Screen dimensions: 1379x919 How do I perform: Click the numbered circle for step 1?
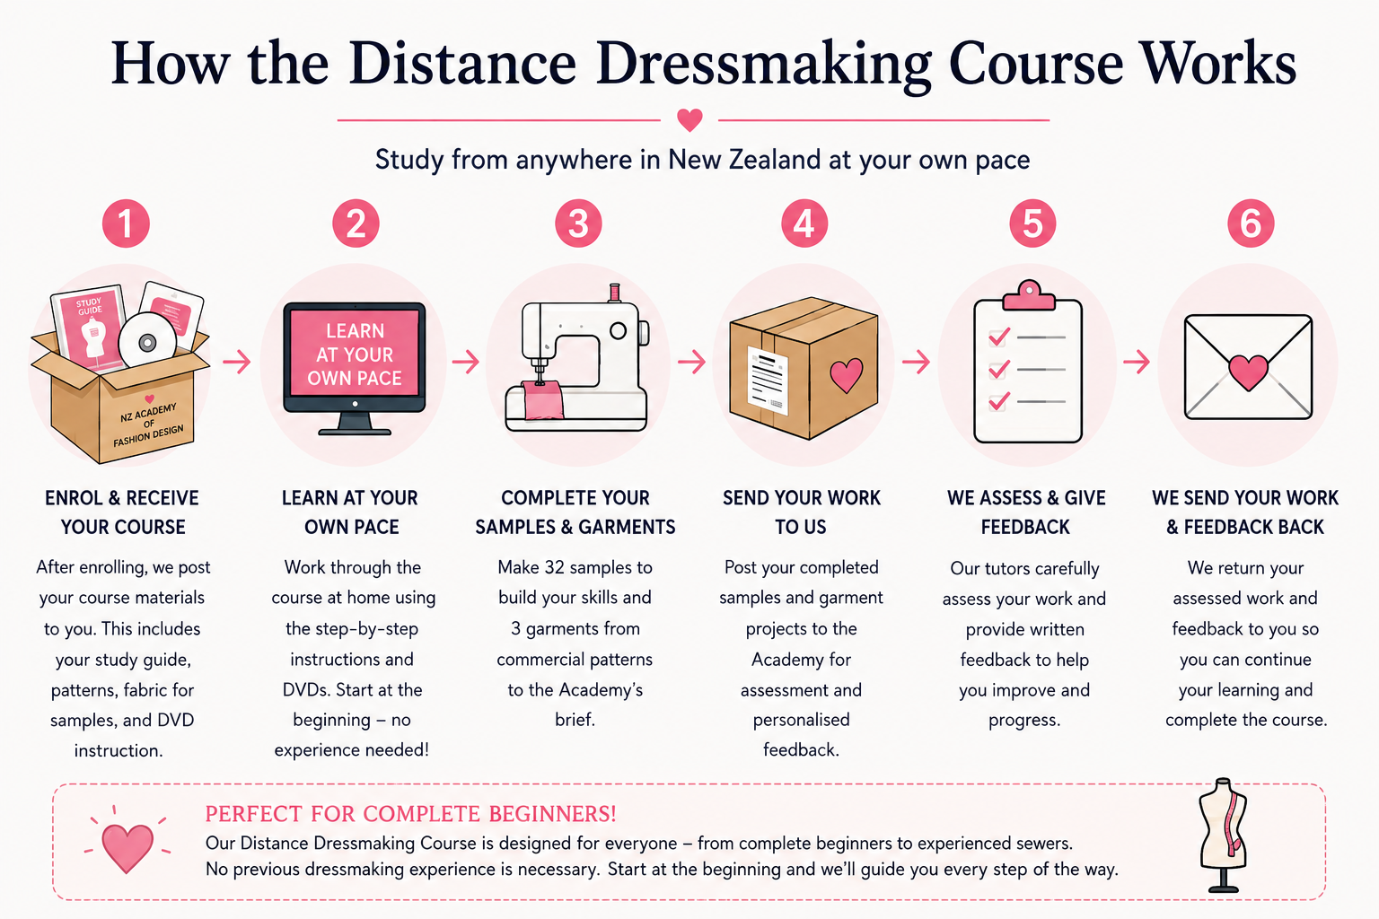click(126, 223)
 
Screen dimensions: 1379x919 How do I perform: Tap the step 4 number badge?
click(804, 223)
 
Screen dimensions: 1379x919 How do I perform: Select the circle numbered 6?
click(1251, 223)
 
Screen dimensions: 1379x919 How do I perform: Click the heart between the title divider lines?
click(689, 119)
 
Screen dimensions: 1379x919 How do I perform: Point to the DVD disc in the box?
click(147, 342)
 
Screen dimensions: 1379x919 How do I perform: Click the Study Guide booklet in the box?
click(90, 329)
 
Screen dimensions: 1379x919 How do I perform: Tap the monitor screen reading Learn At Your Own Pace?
click(355, 354)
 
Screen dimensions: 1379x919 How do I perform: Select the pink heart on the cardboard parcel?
click(847, 375)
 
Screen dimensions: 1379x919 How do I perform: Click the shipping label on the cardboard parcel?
click(767, 381)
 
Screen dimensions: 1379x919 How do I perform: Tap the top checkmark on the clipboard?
click(998, 337)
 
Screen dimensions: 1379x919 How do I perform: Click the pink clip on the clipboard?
click(1029, 295)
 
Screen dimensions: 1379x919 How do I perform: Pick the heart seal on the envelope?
click(1249, 372)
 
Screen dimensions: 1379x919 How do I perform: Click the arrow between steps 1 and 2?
click(237, 362)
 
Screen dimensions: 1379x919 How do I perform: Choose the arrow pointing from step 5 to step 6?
click(1137, 362)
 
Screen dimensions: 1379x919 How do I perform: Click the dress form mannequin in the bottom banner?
click(1224, 835)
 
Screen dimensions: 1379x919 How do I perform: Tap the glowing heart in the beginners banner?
click(127, 845)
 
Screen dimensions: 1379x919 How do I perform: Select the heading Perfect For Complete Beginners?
click(410, 814)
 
